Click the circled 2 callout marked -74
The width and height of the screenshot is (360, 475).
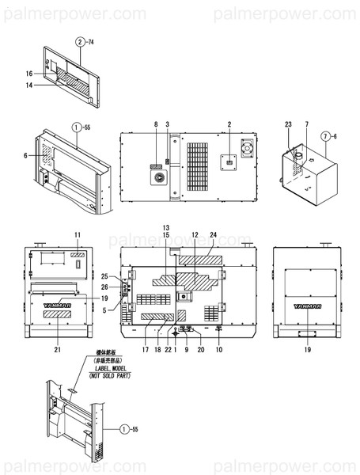pos(80,40)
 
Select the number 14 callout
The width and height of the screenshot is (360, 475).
pos(28,84)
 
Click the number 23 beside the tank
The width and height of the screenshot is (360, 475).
pos(288,125)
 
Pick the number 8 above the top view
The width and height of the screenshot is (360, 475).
pos(156,125)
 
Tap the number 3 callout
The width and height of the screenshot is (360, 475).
pos(167,125)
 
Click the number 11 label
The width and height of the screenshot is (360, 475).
pos(78,236)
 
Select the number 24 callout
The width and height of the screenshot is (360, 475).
pos(213,236)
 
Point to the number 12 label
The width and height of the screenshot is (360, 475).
pos(194,236)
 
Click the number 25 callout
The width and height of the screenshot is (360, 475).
pos(104,276)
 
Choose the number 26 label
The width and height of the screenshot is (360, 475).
pos(104,286)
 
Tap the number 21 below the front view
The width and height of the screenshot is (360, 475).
pos(57,349)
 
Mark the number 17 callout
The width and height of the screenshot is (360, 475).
pos(146,349)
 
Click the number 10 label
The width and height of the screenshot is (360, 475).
pos(218,349)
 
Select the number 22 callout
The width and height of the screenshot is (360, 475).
pos(169,349)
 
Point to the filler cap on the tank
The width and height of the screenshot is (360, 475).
pos(300,156)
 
